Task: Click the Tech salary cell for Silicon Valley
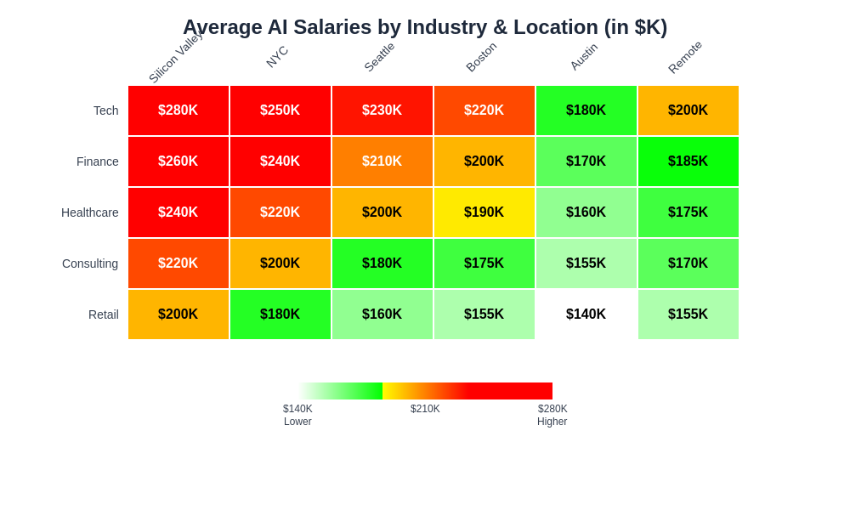point(178,110)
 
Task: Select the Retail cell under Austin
point(586,314)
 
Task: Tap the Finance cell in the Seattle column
point(382,161)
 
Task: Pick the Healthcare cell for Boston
point(484,212)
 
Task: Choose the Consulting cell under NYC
point(280,263)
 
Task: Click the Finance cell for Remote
point(688,161)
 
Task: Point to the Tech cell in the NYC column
point(280,110)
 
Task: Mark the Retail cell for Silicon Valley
point(178,314)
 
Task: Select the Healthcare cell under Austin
point(586,212)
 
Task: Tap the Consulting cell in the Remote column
point(688,263)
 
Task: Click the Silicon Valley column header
point(176,58)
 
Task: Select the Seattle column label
point(379,57)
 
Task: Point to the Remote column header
point(685,57)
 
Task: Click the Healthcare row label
point(90,212)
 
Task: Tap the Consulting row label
point(90,263)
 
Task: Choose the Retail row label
point(104,314)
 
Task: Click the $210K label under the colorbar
point(425,409)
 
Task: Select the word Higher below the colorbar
point(552,422)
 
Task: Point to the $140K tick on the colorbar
point(297,409)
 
